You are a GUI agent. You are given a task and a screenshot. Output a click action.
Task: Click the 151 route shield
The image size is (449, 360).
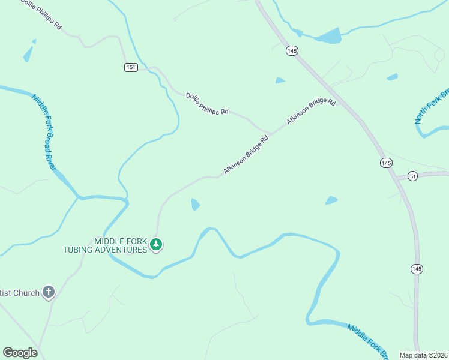[131, 67]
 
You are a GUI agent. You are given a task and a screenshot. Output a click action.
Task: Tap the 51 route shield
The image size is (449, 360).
[412, 176]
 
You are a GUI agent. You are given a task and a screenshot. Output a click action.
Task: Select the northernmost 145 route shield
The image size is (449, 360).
[292, 52]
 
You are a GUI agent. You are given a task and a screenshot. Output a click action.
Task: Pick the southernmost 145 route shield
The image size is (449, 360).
[417, 269]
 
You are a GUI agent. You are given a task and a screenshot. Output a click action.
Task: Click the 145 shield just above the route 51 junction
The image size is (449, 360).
[386, 163]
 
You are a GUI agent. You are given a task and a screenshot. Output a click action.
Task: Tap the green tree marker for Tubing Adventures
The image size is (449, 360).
[156, 244]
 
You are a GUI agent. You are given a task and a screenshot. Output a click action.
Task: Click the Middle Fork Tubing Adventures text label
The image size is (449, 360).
[105, 245]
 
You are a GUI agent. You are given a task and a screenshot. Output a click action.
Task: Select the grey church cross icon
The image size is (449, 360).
[49, 293]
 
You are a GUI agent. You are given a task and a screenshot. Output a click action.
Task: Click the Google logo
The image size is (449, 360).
[20, 353]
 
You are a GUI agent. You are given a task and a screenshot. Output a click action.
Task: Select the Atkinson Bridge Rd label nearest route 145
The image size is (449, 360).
[310, 112]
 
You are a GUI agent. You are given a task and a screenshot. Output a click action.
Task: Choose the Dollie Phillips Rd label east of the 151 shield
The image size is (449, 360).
[207, 104]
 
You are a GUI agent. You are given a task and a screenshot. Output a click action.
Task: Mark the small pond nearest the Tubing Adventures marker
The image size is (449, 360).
[195, 205]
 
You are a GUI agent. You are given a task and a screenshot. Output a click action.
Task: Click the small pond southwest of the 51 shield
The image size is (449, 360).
[331, 200]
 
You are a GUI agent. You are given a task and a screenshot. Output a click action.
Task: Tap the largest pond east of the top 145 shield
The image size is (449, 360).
[328, 37]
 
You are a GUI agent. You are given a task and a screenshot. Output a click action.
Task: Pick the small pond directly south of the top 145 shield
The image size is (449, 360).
[280, 80]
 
